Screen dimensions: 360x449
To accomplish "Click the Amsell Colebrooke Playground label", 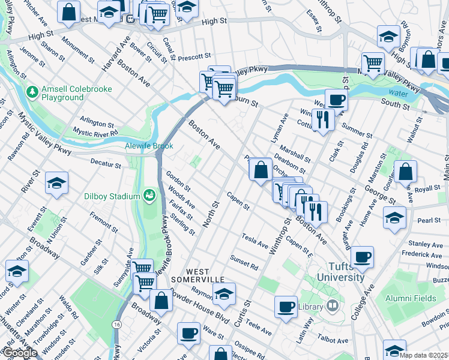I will (x=62, y=93).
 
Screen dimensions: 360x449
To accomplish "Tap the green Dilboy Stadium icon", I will (x=149, y=195).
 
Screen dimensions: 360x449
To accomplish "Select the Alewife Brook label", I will (x=149, y=146).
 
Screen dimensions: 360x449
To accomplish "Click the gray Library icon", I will (x=333, y=307).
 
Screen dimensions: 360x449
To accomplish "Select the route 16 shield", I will (x=115, y=324).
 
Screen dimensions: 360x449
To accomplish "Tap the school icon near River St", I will (x=57, y=184).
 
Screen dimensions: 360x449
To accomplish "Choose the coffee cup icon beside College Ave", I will (x=363, y=257).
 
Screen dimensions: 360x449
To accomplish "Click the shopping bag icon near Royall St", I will (x=406, y=172).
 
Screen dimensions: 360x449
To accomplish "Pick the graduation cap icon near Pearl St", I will (x=394, y=217).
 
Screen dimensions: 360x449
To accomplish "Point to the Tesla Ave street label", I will (x=255, y=241).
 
